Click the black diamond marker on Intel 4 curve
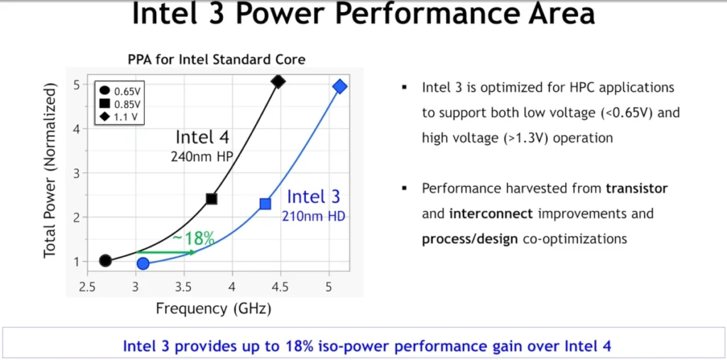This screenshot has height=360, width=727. tap(278, 82)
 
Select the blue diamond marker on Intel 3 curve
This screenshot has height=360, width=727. tap(340, 87)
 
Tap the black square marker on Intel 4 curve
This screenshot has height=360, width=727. tap(212, 199)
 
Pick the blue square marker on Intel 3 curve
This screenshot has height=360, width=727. tap(266, 204)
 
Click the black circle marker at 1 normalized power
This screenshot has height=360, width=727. tap(105, 261)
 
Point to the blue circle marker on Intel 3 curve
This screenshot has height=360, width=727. tap(143, 264)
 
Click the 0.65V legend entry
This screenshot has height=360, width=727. tap(120, 90)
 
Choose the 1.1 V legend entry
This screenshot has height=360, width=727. tap(119, 116)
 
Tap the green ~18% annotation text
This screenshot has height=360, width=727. tap(193, 239)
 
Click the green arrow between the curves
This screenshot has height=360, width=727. tap(166, 252)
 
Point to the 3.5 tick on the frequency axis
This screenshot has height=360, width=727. tap(184, 287)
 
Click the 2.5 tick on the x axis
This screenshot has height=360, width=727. tap(87, 287)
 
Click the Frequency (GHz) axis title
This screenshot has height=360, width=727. tap(213, 309)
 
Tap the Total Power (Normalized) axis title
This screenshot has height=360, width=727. tap(51, 173)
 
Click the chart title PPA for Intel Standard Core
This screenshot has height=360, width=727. tap(217, 60)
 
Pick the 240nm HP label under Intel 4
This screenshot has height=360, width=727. tap(200, 157)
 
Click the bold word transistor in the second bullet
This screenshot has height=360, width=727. tap(637, 189)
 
